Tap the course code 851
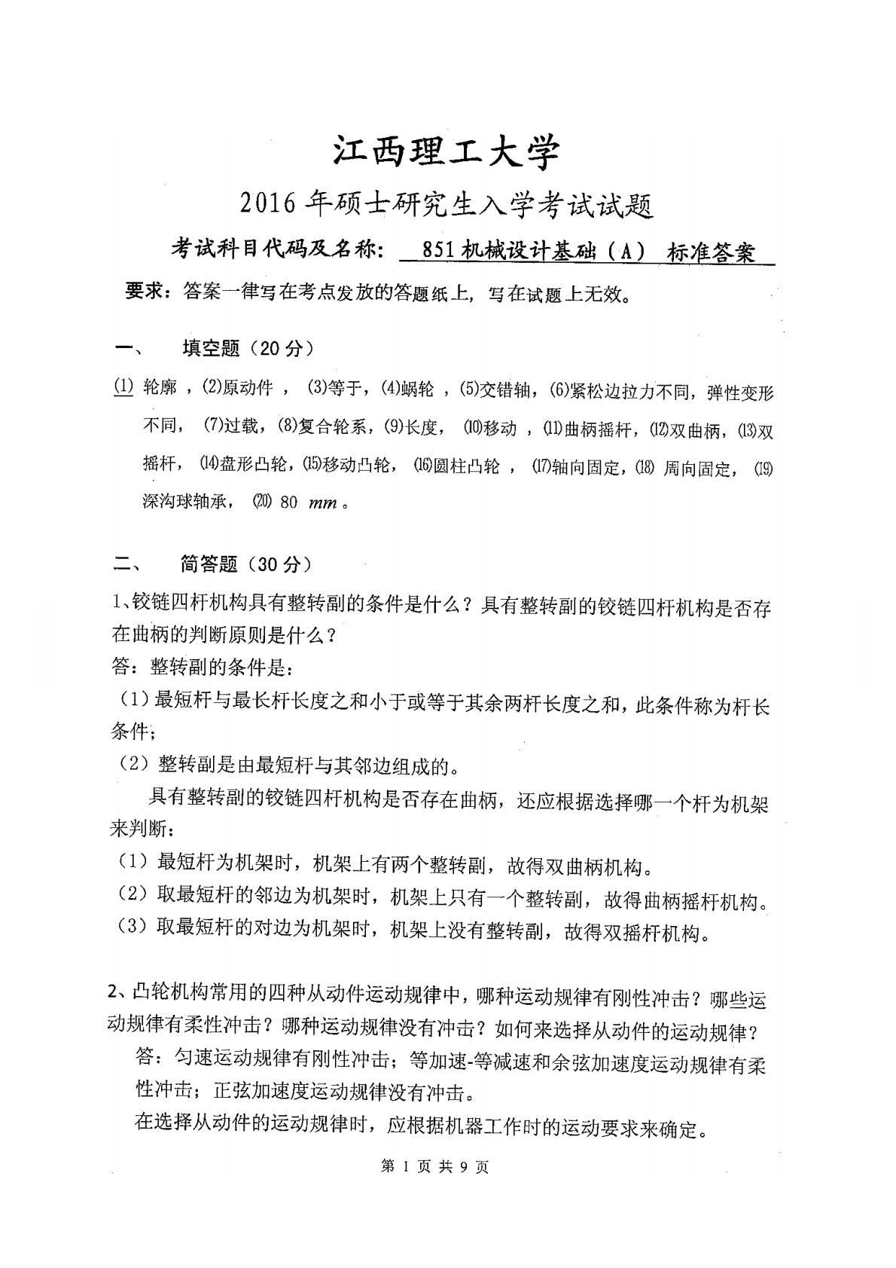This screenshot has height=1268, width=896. click(437, 252)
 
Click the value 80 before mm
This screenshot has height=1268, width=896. click(289, 503)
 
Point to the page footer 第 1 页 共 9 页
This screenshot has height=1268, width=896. click(436, 1167)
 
